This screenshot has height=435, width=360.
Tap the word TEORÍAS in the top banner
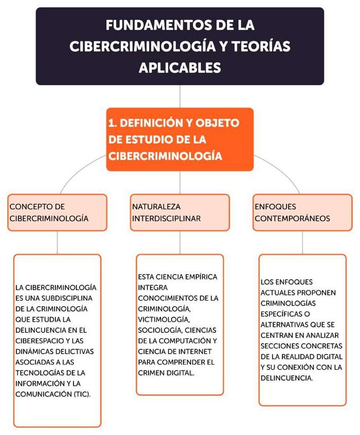tap(260, 46)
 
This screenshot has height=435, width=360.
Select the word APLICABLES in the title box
tap(180, 67)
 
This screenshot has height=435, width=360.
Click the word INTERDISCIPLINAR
tap(166, 218)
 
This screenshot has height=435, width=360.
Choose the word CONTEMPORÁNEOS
tap(292, 218)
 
